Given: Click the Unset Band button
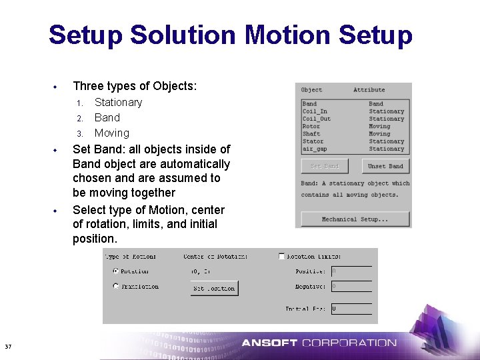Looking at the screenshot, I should [x=386, y=166].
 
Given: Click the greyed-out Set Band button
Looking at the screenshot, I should [x=325, y=166].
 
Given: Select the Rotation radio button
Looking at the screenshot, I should [x=116, y=271].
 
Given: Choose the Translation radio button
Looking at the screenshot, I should [x=116, y=287].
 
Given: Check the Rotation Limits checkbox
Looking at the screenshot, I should [x=281, y=256].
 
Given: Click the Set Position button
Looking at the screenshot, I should [x=214, y=289].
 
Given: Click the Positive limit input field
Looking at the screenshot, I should [x=351, y=271].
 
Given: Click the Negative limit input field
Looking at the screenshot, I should [x=351, y=287].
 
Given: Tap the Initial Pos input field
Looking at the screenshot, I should [x=351, y=309].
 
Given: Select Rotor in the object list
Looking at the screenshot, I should [x=311, y=126].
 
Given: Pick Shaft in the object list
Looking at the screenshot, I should [x=311, y=134].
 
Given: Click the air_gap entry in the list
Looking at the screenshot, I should [x=314, y=149].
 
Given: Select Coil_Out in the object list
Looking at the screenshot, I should [x=316, y=119].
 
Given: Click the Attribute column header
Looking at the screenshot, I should [x=369, y=90].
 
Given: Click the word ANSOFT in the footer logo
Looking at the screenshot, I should [x=269, y=343].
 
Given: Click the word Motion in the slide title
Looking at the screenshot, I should [x=289, y=35].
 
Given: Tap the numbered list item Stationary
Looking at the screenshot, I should [x=118, y=102].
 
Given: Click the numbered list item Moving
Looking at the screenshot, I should [x=111, y=133].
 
